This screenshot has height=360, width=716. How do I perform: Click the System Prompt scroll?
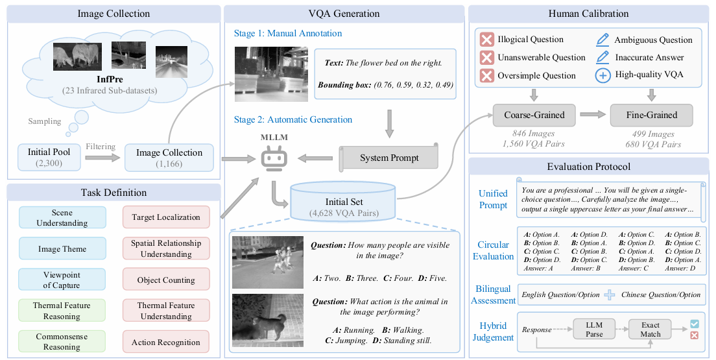coord(388,158)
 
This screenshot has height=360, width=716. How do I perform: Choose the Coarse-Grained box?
coord(534,115)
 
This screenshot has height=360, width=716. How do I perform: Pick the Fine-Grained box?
coord(652,115)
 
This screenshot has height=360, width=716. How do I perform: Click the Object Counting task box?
coord(166,280)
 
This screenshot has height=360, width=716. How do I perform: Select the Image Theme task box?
coord(62,249)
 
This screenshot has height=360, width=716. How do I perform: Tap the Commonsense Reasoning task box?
coord(62,342)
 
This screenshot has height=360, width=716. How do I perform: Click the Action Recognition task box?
coord(166,342)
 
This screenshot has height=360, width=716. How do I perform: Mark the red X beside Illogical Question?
coord(487,40)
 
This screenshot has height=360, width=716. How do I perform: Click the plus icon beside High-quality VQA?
coord(603,75)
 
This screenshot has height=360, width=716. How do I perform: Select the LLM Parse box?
coord(594,330)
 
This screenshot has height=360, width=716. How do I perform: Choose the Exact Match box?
coord(650,330)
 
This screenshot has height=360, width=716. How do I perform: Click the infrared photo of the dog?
coord(268,321)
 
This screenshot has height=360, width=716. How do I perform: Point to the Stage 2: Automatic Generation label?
coord(292,119)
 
